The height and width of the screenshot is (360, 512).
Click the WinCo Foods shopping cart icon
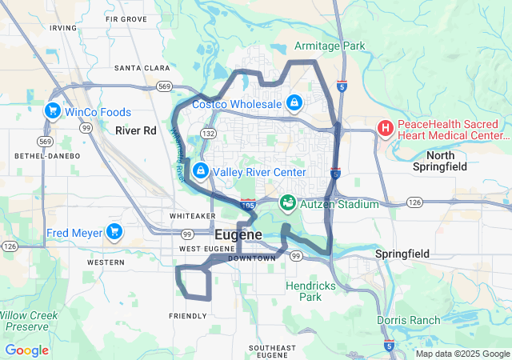point(54,111)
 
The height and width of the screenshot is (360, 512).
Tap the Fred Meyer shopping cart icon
point(114,232)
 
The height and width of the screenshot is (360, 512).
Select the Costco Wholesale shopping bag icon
point(294,103)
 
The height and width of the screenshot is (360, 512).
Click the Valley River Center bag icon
point(199,171)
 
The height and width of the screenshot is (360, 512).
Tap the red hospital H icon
point(386,128)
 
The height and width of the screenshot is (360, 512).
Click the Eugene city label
point(238,235)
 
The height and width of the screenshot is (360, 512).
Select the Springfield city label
point(402,254)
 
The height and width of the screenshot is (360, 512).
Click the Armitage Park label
point(330,46)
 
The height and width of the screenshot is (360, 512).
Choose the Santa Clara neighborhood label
point(140,68)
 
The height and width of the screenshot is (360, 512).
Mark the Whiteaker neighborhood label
point(192,216)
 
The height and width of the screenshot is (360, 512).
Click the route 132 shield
point(208,133)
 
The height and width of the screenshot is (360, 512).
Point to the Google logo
point(26,350)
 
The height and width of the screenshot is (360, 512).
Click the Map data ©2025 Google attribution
point(461,353)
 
